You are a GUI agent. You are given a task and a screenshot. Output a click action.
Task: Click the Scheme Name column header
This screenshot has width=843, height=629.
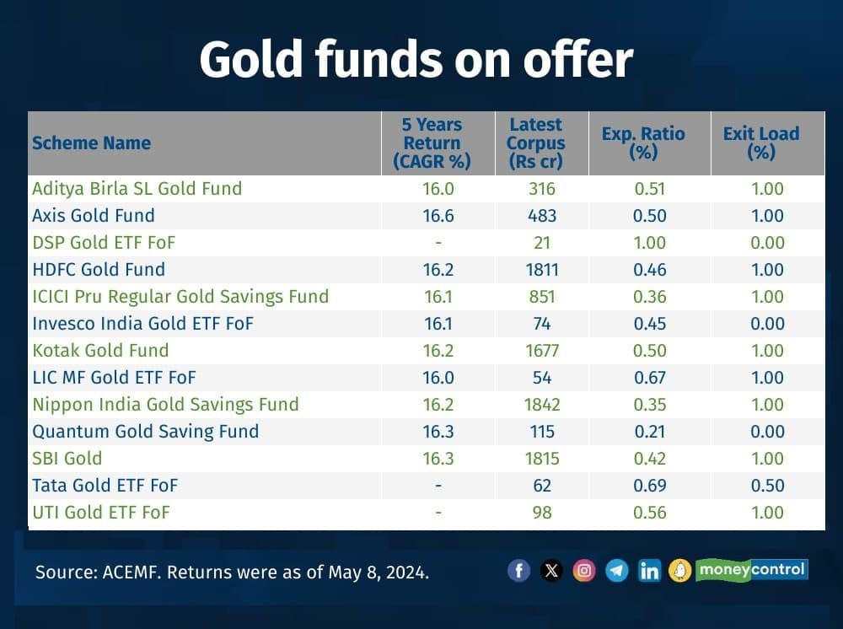(91, 143)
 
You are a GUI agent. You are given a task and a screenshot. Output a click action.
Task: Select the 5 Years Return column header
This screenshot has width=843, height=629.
(431, 142)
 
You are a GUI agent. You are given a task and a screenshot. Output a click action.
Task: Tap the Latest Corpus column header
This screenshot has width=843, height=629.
(535, 142)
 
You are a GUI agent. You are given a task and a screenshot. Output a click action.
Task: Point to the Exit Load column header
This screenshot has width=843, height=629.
(760, 142)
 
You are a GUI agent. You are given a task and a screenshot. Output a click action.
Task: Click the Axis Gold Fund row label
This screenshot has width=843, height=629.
(93, 216)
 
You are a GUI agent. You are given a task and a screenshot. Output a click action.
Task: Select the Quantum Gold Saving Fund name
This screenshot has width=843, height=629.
(145, 432)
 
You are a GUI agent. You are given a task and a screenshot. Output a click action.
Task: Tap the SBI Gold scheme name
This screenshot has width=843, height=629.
(67, 459)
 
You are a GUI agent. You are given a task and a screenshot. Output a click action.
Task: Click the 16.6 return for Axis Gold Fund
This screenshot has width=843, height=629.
(438, 216)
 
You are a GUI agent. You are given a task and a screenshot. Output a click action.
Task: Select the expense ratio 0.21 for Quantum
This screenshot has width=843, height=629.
(650, 432)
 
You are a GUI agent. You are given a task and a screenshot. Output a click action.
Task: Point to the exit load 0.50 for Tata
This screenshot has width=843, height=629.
(767, 486)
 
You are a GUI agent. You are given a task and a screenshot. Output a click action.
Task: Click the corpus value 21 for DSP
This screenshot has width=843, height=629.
(541, 243)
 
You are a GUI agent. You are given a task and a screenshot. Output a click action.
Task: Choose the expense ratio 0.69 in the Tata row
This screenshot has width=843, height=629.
(650, 486)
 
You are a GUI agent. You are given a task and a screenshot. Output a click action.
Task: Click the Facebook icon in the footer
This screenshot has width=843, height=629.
(518, 571)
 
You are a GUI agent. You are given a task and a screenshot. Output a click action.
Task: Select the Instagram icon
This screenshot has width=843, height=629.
(583, 571)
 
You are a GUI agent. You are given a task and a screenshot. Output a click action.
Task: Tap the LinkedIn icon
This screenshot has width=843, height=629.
(649, 571)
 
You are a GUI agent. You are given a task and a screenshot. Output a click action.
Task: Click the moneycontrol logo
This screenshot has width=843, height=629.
(751, 570)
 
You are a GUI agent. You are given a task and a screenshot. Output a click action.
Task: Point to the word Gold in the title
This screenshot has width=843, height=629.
(248, 59)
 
